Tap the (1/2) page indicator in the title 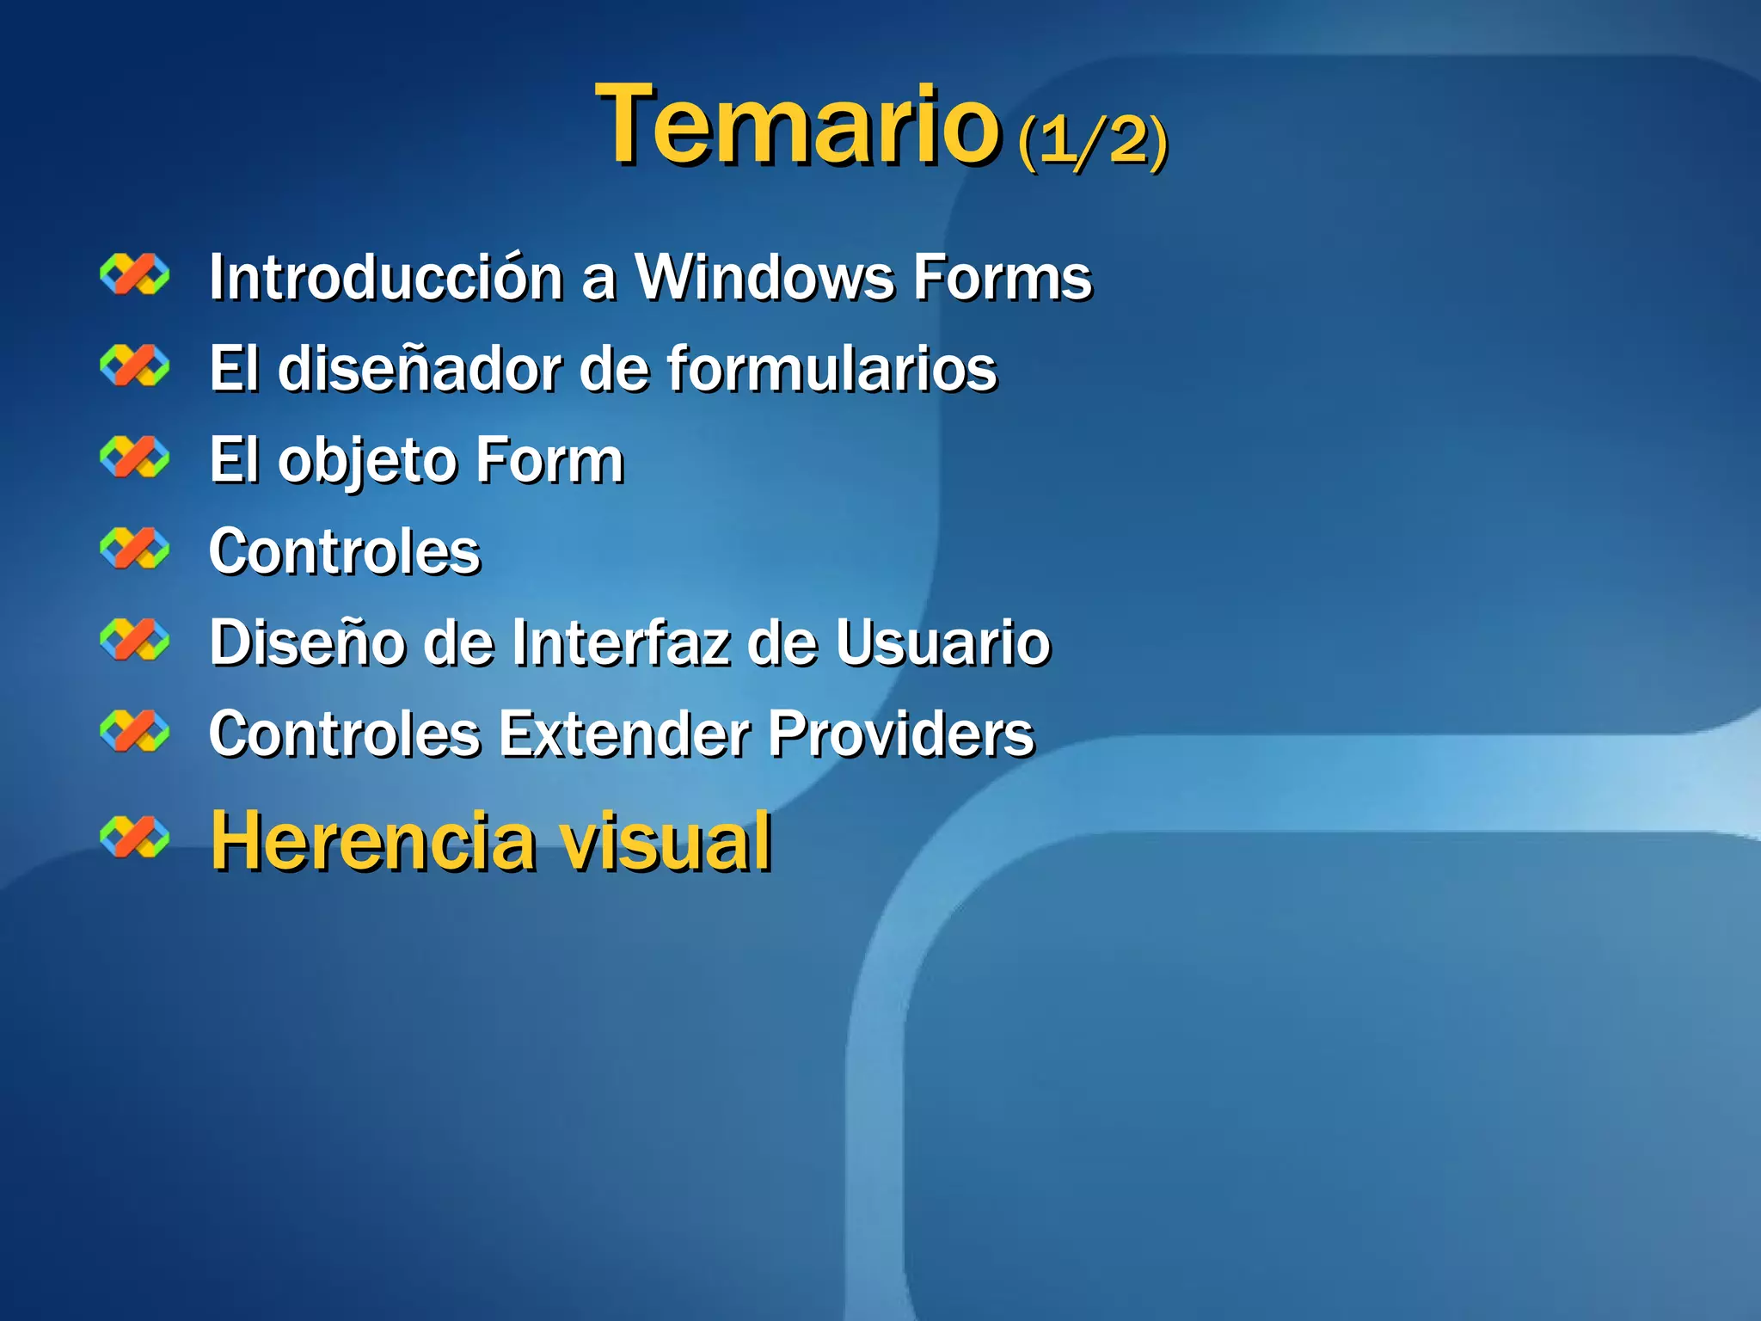pos(1092,139)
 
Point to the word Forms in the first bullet pos(1002,278)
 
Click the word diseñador pos(419,369)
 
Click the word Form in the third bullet pos(549,460)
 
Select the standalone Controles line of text pos(345,551)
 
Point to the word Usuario pos(942,642)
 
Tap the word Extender pos(624,734)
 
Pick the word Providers pos(900,734)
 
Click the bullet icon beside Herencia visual pos(134,837)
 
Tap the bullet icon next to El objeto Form pos(134,457)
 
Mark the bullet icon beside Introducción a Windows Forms pos(134,274)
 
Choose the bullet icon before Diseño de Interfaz pos(134,639)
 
